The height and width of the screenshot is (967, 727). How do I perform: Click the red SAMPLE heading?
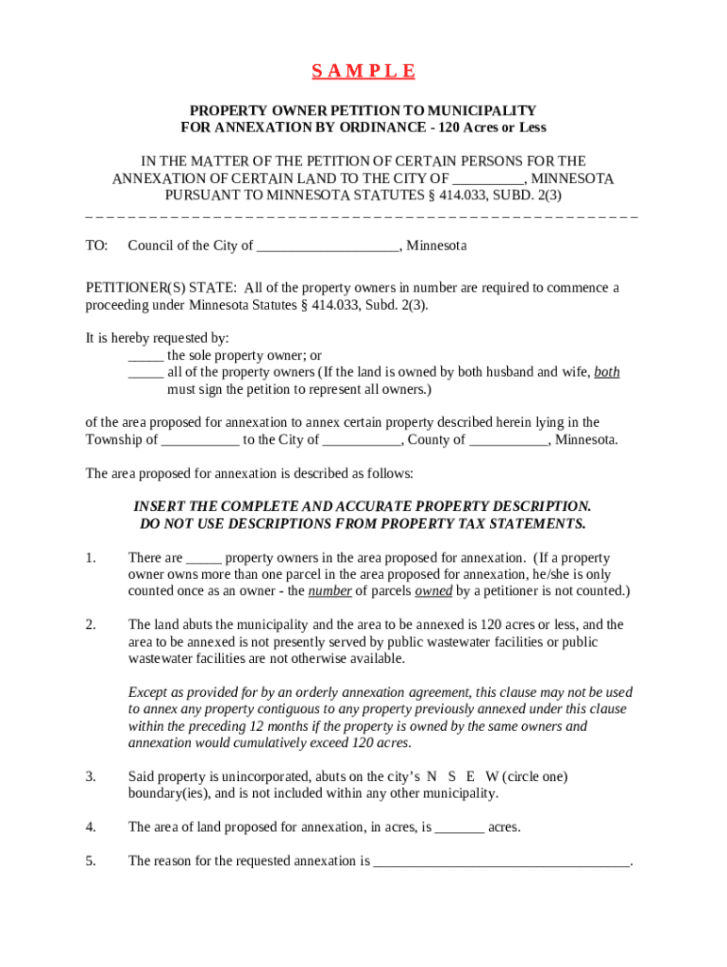[x=363, y=72]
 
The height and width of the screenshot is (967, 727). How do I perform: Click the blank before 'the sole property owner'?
[x=145, y=356]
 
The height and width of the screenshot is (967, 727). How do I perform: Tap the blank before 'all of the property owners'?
[x=145, y=373]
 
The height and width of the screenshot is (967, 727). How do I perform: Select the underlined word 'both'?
[x=607, y=372]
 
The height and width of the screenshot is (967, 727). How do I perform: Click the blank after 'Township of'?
[x=200, y=440]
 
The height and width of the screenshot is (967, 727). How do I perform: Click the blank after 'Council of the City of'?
[x=328, y=246]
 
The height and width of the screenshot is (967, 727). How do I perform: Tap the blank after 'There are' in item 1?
[x=204, y=558]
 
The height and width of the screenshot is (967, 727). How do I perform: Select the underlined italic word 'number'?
[x=330, y=591]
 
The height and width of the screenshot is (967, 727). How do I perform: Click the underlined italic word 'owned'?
[x=433, y=591]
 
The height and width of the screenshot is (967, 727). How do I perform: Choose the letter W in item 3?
[x=492, y=776]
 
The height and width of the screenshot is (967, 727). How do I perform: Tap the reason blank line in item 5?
[x=501, y=862]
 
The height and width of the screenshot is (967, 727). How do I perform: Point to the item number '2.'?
[x=91, y=625]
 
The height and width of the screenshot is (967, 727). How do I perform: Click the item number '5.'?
[x=91, y=861]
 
